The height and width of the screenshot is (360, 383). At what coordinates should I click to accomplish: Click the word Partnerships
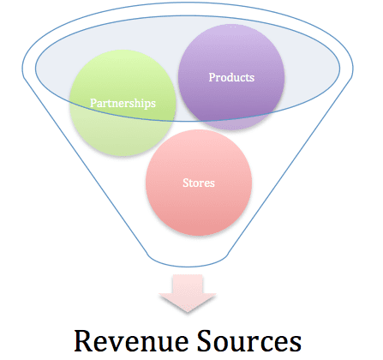[123, 104]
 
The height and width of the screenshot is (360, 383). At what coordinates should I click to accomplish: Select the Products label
[231, 77]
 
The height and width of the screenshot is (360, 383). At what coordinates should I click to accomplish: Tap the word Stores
[199, 183]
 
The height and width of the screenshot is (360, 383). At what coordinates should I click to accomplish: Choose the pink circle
[199, 183]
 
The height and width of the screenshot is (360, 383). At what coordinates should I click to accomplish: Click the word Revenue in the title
[131, 341]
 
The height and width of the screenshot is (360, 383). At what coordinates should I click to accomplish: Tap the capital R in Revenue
[83, 341]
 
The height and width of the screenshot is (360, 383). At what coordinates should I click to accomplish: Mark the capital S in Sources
[205, 340]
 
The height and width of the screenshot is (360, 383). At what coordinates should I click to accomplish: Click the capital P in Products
[212, 77]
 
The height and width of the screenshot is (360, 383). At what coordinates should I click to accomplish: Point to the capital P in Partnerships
[93, 103]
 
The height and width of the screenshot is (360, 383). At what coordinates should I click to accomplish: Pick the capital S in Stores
[186, 183]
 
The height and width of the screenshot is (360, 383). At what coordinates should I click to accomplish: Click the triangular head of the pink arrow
[188, 301]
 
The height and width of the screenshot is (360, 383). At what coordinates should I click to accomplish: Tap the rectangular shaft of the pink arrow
[188, 284]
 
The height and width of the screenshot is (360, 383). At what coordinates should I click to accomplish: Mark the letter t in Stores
[191, 183]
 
